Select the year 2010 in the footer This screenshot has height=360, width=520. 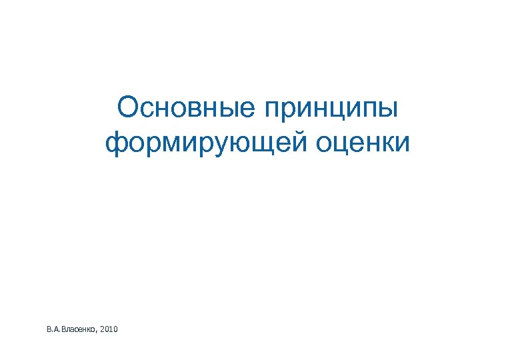[x=110, y=329]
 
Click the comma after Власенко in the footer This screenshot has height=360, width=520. [x=97, y=331]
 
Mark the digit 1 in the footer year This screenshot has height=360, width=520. [x=112, y=329]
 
